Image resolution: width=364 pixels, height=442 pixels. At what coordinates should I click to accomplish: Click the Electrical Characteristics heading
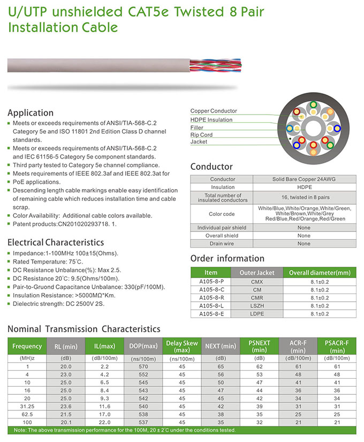click(55, 242)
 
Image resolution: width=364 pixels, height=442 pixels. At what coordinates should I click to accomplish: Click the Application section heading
click(31, 113)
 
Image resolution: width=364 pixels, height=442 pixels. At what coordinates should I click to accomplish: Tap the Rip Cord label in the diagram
click(201, 134)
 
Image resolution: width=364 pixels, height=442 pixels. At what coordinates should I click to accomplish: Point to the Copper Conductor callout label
click(214, 111)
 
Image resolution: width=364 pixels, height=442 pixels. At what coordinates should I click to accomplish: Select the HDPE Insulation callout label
click(211, 119)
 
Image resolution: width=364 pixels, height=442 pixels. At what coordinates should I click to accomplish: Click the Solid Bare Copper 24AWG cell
click(304, 179)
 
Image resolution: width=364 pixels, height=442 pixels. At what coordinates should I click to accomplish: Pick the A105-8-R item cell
click(211, 297)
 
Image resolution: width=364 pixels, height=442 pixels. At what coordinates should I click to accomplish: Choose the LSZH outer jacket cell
click(256, 305)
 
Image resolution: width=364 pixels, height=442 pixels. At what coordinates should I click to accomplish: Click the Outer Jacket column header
click(256, 272)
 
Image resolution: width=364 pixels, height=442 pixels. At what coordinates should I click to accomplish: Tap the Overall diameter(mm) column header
click(319, 272)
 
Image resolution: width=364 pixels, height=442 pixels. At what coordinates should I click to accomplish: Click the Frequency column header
click(27, 346)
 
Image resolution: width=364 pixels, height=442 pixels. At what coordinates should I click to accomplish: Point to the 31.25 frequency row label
click(27, 407)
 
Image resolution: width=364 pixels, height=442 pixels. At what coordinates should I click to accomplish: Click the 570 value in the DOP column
click(143, 366)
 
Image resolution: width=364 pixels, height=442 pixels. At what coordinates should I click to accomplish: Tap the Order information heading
click(227, 258)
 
